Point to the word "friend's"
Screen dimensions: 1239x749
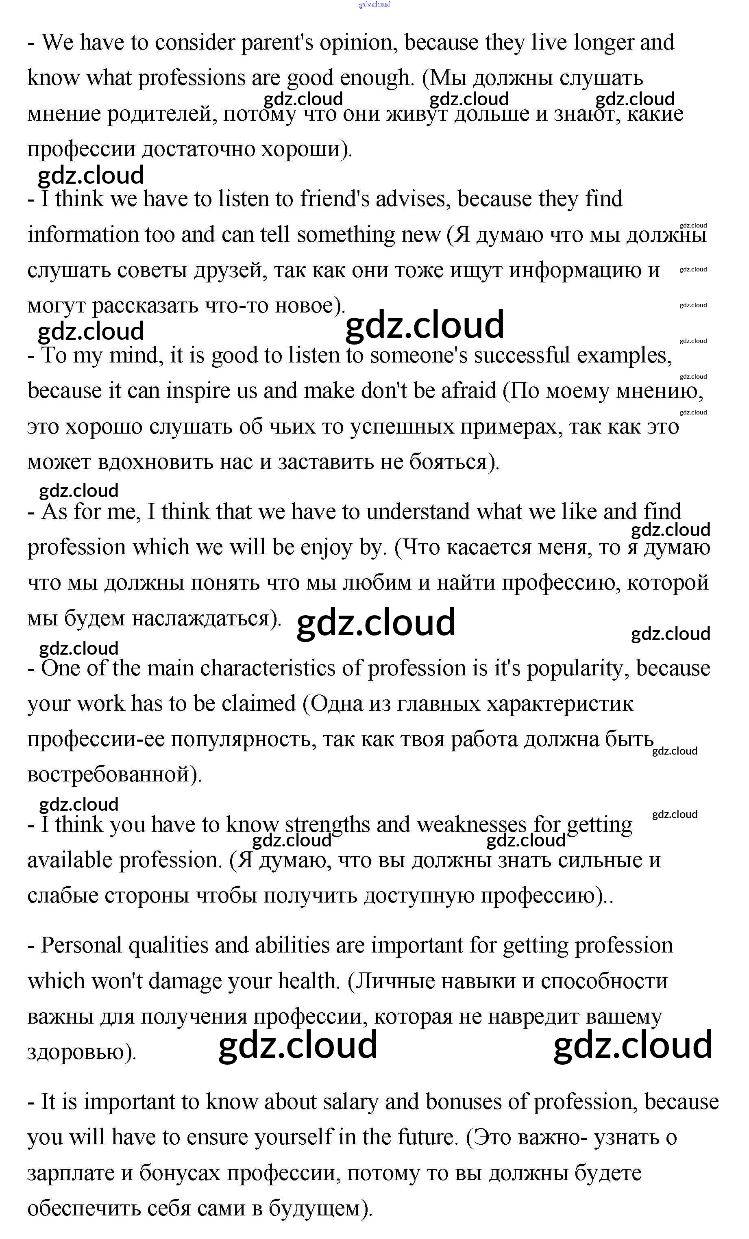tap(335, 199)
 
